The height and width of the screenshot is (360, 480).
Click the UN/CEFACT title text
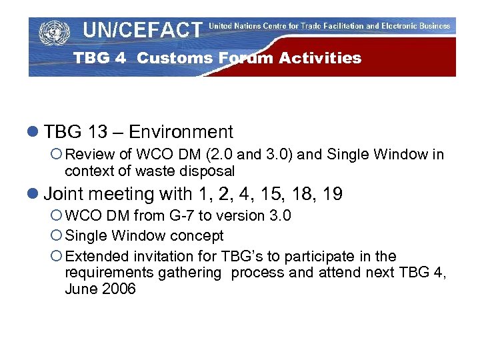coord(142,30)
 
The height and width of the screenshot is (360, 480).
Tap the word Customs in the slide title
coord(176,58)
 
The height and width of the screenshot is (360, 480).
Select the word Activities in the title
coord(320,58)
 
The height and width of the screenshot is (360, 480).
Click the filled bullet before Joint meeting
coord(35,195)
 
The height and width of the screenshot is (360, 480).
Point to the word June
coord(81,289)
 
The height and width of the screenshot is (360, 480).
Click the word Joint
coord(65,194)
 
